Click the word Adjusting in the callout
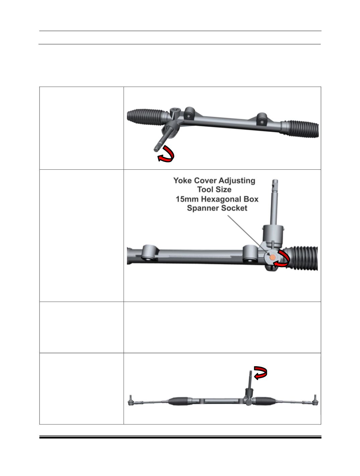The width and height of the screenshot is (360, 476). (x=237, y=181)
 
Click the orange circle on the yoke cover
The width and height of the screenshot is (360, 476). (x=273, y=257)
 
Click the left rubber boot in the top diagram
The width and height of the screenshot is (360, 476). (x=147, y=117)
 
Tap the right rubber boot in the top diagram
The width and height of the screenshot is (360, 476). (x=300, y=129)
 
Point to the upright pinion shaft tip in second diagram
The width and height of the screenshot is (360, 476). (x=275, y=181)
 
